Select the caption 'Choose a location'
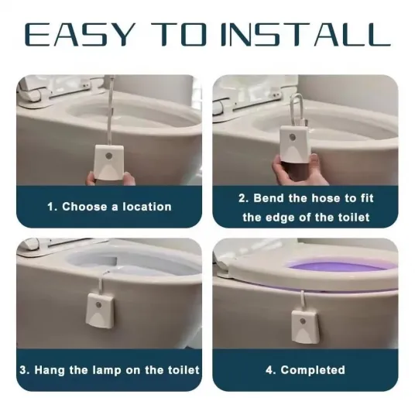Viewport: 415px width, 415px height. [x=117, y=207]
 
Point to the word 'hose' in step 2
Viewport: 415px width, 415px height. [x=325, y=198]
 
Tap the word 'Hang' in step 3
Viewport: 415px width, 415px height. [x=50, y=370]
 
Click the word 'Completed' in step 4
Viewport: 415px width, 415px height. [x=313, y=370]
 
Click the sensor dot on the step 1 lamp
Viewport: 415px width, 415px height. [x=108, y=156]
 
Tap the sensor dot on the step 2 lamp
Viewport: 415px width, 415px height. [x=293, y=137]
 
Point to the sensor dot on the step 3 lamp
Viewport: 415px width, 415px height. [x=99, y=305]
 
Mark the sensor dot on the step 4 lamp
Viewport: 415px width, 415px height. [x=302, y=322]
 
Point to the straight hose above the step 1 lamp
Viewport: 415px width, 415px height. [x=111, y=111]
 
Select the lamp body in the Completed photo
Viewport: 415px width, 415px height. [x=305, y=326]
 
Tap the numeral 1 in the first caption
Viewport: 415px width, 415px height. [x=51, y=207]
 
